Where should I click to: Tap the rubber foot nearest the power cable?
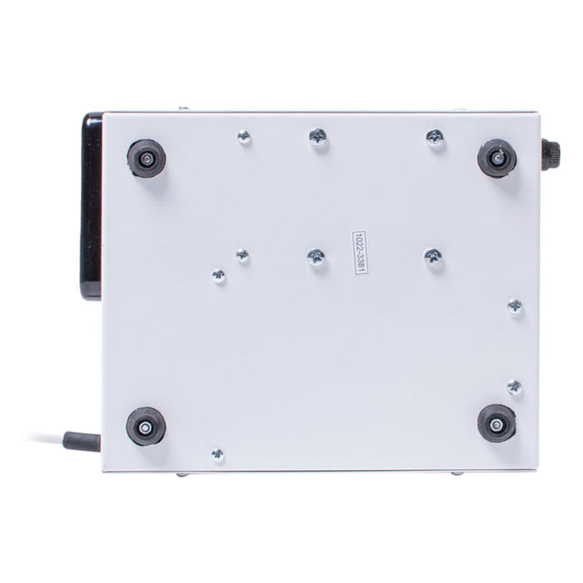pyautogui.click(x=144, y=426)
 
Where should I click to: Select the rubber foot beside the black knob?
pyautogui.click(x=496, y=157)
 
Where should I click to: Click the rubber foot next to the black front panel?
pyautogui.click(x=146, y=157)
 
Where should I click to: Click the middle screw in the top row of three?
pyautogui.click(x=317, y=137)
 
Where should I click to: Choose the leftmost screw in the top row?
pyautogui.click(x=244, y=137)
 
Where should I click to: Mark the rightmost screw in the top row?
pyautogui.click(x=435, y=137)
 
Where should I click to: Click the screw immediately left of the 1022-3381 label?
pyautogui.click(x=316, y=258)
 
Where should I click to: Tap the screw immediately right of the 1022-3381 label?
pyautogui.click(x=432, y=257)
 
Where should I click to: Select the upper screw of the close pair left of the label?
pyautogui.click(x=242, y=256)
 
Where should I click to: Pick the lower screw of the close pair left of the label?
pyautogui.click(x=218, y=275)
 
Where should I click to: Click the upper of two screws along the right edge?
pyautogui.click(x=515, y=307)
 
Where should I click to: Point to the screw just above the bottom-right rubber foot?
pyautogui.click(x=514, y=386)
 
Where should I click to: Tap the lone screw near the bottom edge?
pyautogui.click(x=217, y=454)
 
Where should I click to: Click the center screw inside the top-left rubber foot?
pyautogui.click(x=146, y=157)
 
